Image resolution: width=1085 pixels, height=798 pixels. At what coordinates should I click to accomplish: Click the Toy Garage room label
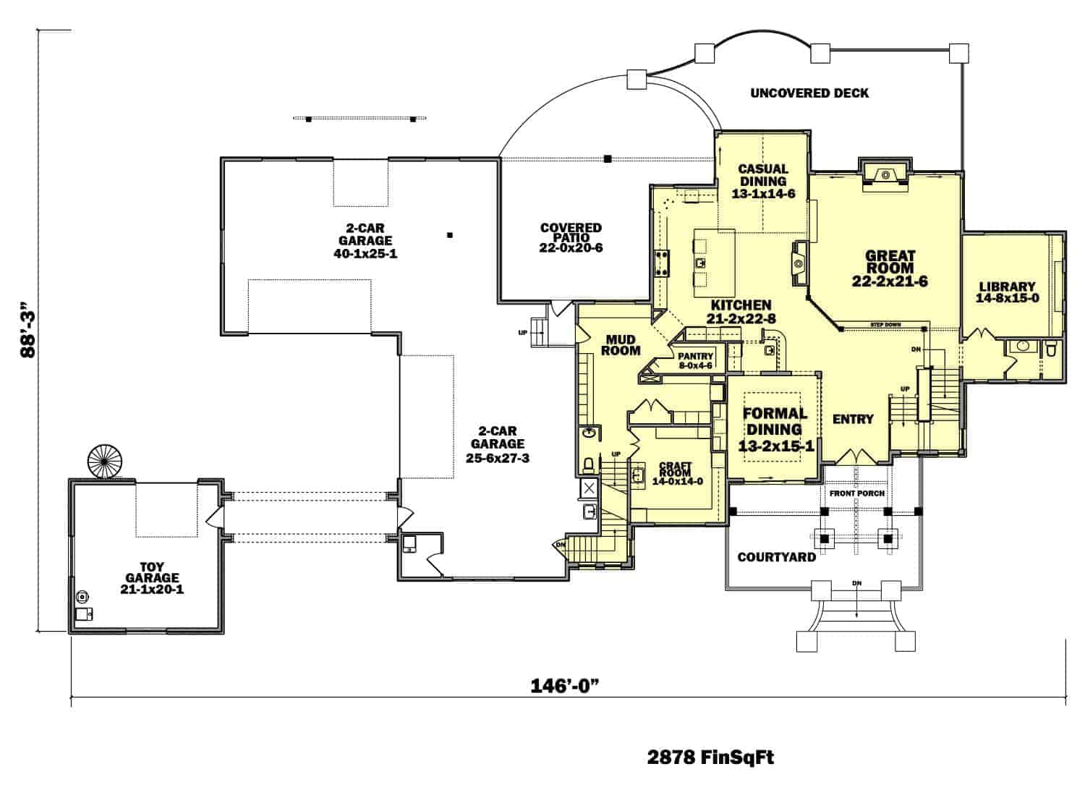coord(152,577)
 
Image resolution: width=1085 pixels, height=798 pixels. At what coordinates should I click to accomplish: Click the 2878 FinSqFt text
coord(710,757)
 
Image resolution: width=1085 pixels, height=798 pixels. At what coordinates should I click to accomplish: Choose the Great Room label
coord(890,268)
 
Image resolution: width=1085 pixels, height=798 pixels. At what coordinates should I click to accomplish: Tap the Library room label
coord(1007,292)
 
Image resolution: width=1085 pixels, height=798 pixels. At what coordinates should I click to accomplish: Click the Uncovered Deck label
coord(809,93)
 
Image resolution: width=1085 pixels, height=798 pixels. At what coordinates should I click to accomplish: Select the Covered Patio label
coord(571,237)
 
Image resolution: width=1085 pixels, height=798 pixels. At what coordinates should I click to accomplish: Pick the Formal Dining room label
coord(775,429)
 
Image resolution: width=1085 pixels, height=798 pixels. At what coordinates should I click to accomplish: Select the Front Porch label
coord(856,493)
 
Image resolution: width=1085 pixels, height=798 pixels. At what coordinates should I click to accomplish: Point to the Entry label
coord(853,419)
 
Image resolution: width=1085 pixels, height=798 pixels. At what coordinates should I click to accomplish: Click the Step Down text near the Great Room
coord(885,325)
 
